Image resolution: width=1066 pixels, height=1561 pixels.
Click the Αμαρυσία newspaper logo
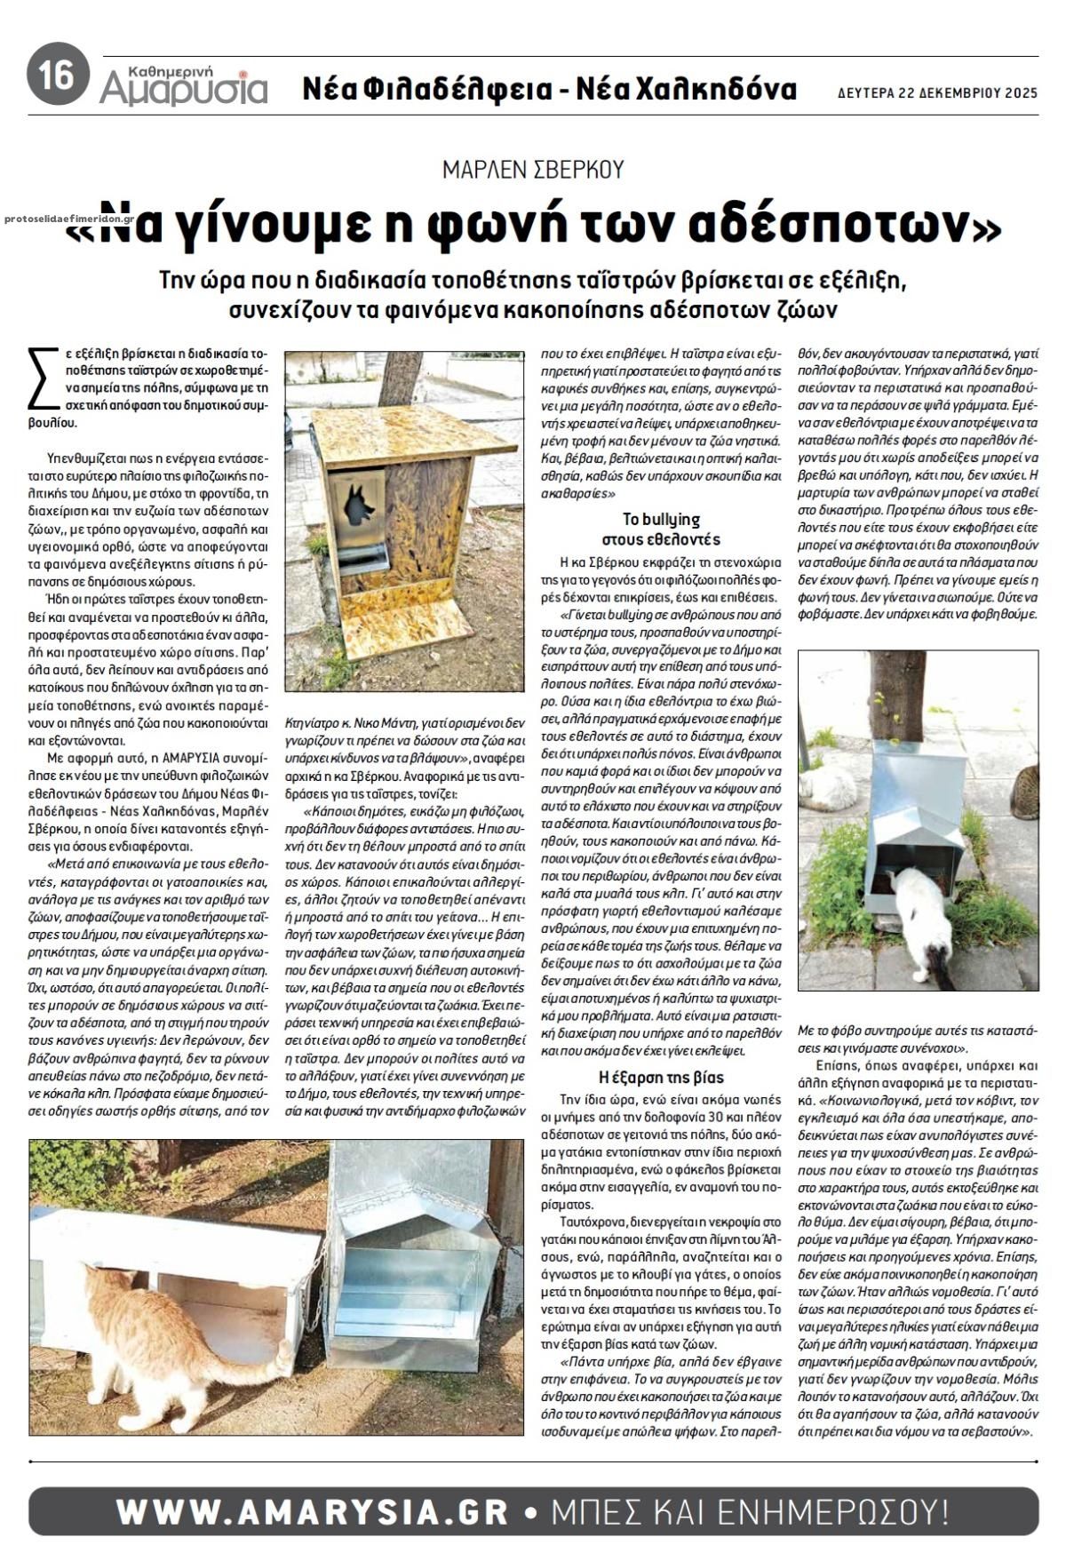tap(183, 84)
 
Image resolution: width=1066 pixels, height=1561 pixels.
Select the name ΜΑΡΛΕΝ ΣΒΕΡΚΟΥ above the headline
tap(533, 169)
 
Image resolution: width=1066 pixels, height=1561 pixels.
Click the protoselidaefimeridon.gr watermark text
tap(69, 218)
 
